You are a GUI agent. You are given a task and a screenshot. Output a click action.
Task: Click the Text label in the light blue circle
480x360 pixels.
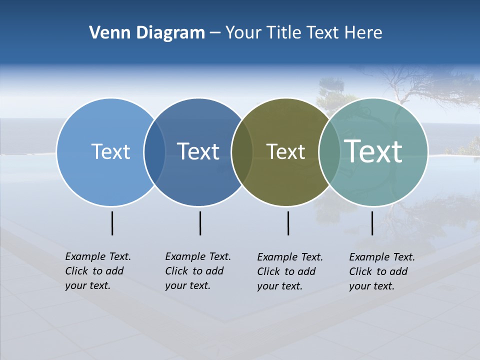[x=110, y=151]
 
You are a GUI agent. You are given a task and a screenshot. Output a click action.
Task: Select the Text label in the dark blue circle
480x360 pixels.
[x=198, y=151]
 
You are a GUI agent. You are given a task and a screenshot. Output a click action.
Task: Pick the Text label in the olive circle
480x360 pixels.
[x=285, y=152]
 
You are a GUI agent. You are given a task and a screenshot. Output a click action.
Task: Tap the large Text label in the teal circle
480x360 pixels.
[x=373, y=151]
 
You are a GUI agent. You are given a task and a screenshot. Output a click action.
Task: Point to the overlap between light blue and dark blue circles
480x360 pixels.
[x=154, y=152]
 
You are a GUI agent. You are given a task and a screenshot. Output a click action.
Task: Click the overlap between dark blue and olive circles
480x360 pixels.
[x=242, y=152]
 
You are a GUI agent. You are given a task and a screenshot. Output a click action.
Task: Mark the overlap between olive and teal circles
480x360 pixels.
[x=329, y=152]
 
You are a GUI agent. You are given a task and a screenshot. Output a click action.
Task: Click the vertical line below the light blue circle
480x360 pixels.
[x=112, y=223]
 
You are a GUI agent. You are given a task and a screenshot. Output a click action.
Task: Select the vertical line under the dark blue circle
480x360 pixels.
[x=200, y=223]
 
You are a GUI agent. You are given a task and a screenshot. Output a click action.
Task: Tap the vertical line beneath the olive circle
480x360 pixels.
[x=288, y=223]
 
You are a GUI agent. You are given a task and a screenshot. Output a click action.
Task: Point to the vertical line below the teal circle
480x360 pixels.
[x=372, y=223]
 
